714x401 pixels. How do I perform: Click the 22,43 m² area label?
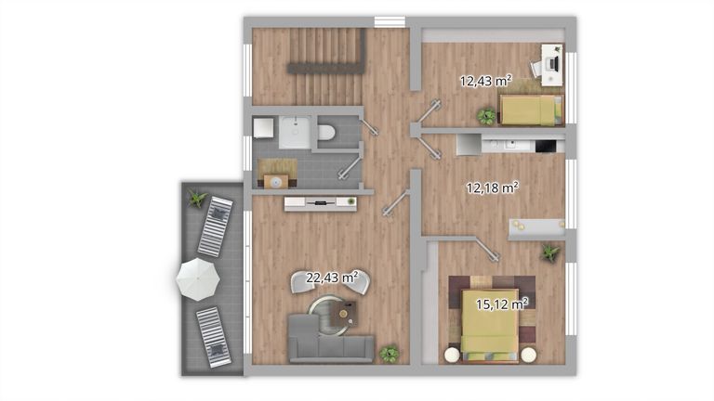tap(332, 278)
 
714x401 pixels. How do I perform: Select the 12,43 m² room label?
tap(485, 81)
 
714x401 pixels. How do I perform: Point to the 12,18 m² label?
tap(492, 188)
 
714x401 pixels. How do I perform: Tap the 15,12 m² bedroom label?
tap(502, 304)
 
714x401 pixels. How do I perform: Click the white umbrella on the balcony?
tap(198, 279)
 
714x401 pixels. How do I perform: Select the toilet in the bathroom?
tap(326, 132)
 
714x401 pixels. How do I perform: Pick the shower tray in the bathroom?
tap(295, 133)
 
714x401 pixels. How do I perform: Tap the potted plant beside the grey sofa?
tap(389, 354)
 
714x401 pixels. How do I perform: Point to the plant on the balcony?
tap(198, 199)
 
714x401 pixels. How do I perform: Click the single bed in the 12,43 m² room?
tap(532, 110)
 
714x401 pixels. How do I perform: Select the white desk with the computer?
tap(552, 65)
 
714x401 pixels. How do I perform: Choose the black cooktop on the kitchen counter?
tap(546, 146)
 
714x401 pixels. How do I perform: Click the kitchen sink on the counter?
tap(511, 145)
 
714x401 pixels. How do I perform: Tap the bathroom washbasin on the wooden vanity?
tap(275, 182)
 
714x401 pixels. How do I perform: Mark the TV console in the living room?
tap(321, 203)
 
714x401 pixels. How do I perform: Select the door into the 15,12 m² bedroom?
tap(487, 249)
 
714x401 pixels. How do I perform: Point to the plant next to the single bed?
tap(487, 116)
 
